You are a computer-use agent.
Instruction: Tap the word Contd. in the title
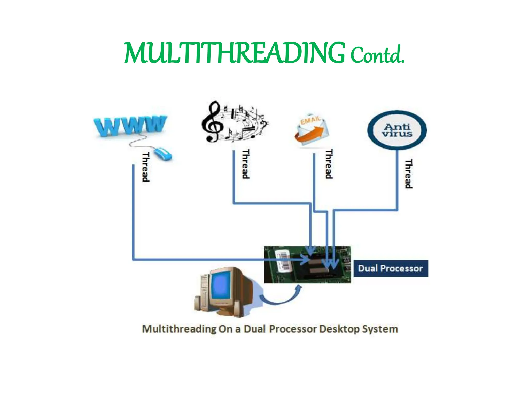click(377, 55)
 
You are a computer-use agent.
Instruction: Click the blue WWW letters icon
click(129, 126)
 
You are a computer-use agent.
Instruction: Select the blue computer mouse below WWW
click(163, 154)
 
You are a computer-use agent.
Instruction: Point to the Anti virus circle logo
click(397, 130)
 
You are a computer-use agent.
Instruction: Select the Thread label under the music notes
click(245, 164)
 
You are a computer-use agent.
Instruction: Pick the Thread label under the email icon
click(329, 164)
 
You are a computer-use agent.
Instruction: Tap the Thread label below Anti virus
click(408, 174)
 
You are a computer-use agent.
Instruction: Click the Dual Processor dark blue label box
click(390, 268)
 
